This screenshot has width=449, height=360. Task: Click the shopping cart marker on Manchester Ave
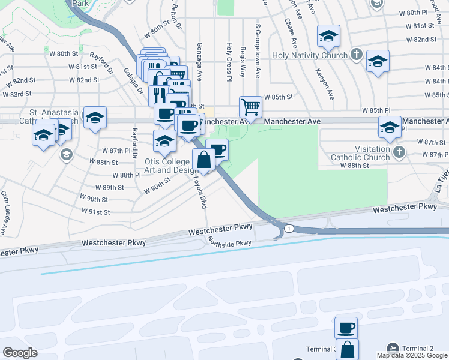251,107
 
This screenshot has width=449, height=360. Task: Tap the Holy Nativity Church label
309,55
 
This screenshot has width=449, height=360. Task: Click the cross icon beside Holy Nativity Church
356,55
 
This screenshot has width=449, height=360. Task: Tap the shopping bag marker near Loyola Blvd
203,160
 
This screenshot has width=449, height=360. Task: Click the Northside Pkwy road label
229,243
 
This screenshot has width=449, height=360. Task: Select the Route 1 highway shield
289,229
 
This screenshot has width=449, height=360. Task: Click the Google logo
20,353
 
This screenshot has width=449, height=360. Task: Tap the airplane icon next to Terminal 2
393,349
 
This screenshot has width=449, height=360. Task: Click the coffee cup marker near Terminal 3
346,328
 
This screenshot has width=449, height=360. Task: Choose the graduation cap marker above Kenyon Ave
328,36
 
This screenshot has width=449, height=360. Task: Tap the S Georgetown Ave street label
258,52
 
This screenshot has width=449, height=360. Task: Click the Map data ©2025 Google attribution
412,356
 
